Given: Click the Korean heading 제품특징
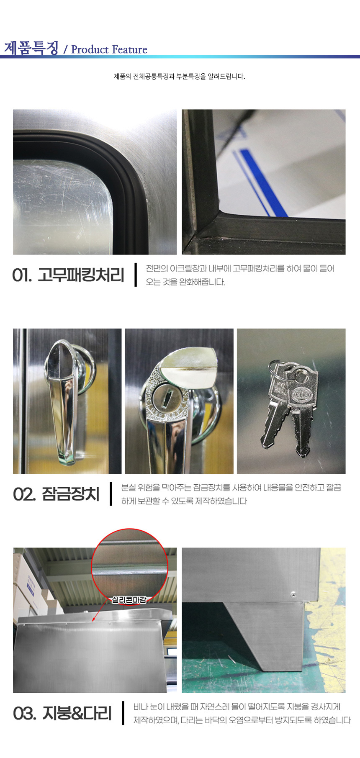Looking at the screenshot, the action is click(x=31, y=48).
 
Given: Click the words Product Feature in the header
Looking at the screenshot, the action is click(x=109, y=49).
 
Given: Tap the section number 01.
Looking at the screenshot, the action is click(x=22, y=275).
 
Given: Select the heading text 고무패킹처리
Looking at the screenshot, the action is click(x=81, y=275).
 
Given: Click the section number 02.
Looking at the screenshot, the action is click(x=24, y=494).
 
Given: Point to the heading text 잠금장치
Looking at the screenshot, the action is click(x=71, y=494).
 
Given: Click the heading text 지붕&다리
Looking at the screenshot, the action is click(x=77, y=713).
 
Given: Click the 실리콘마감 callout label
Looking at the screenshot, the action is click(x=129, y=600).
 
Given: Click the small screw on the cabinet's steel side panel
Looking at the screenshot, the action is click(x=293, y=594).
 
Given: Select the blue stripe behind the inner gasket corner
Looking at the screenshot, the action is click(x=264, y=182).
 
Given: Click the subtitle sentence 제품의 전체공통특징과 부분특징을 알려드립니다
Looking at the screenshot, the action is click(x=180, y=76).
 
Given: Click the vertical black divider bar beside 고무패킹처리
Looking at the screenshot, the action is click(x=136, y=275).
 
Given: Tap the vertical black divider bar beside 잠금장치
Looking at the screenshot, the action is click(x=111, y=494).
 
